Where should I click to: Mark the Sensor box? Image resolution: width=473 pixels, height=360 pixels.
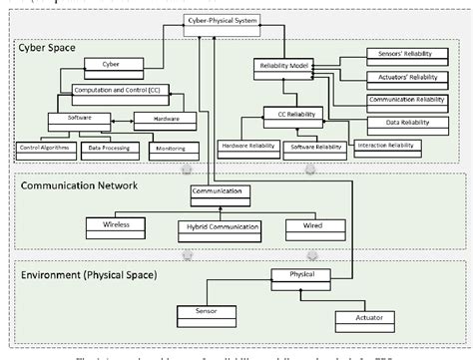click(x=192, y=311)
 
